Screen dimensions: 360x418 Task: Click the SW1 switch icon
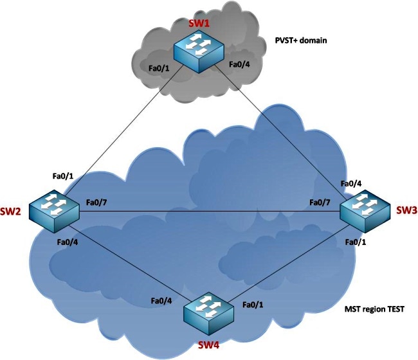coord(198,51)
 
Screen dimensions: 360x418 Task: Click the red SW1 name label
coord(197,24)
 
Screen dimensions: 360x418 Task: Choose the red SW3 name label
coord(405,210)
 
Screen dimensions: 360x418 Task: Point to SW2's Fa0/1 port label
coord(64,175)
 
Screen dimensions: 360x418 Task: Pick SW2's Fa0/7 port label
coord(98,203)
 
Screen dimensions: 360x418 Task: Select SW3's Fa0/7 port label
coord(320,203)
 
